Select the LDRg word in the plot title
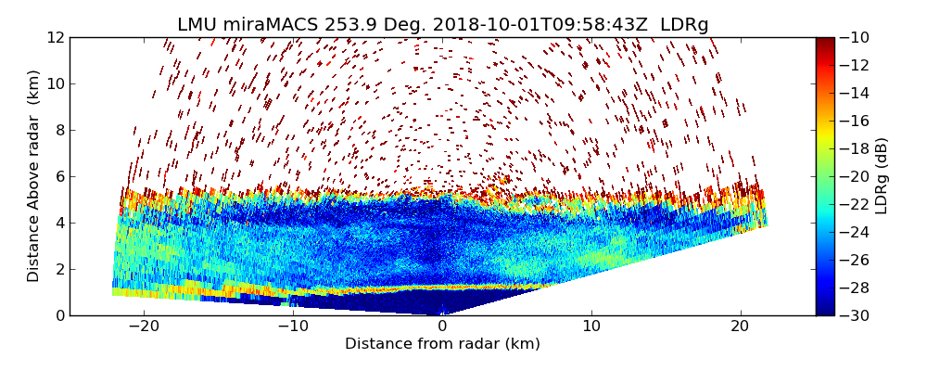coord(684,25)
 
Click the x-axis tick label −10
coord(292,326)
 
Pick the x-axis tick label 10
coord(591,326)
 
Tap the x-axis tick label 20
coord(740,326)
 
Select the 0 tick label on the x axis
coord(442,326)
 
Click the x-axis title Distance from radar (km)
coord(442,344)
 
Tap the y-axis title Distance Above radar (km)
coord(34,176)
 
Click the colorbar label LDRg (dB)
coord(882,176)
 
